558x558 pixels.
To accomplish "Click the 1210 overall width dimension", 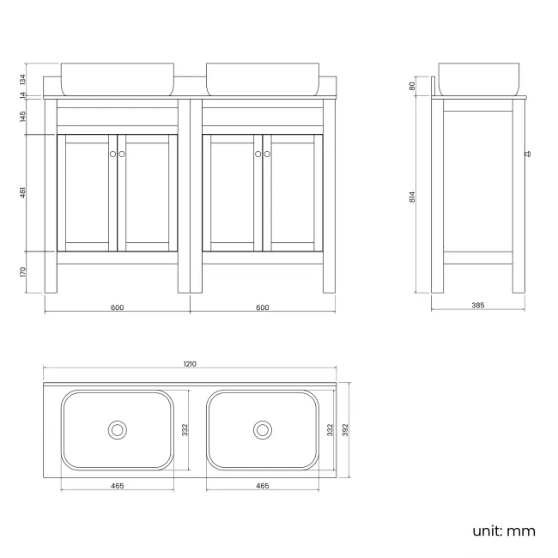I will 190,364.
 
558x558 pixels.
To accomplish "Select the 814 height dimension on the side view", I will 413,197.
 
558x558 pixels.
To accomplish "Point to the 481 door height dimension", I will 24,193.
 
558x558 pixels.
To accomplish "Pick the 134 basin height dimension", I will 24,79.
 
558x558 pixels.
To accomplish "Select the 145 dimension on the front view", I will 24,116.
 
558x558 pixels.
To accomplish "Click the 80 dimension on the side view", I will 413,86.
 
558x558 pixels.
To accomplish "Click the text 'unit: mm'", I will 503,531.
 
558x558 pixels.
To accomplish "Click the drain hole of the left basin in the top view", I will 117,429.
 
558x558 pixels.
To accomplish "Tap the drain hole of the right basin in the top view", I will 262,429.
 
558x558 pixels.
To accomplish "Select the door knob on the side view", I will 527,155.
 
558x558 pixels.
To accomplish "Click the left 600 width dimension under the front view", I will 117,307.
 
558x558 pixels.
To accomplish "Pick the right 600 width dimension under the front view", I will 262,307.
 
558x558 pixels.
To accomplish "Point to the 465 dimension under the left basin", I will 117,486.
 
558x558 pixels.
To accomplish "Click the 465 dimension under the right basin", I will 262,486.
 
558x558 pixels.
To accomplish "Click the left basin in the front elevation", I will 117,78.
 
